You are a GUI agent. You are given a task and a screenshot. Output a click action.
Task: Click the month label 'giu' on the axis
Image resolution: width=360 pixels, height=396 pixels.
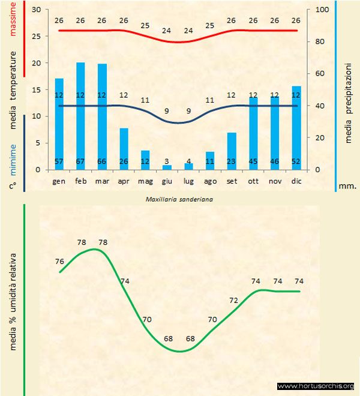tap(167, 180)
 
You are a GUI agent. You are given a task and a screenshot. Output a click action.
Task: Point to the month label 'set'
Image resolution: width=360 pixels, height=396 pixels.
tap(232, 180)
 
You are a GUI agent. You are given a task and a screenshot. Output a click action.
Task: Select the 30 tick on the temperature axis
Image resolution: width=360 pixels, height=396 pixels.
tap(37, 10)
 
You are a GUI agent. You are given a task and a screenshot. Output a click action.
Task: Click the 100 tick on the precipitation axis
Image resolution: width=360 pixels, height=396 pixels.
tap(322, 10)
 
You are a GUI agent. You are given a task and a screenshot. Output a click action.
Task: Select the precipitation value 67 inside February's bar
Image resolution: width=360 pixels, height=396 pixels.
tap(80, 161)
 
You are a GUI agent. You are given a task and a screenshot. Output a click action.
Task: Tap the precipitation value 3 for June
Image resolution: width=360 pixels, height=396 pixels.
tap(167, 161)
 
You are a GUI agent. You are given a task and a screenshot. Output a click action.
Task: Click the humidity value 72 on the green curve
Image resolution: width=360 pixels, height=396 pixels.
tap(234, 300)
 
